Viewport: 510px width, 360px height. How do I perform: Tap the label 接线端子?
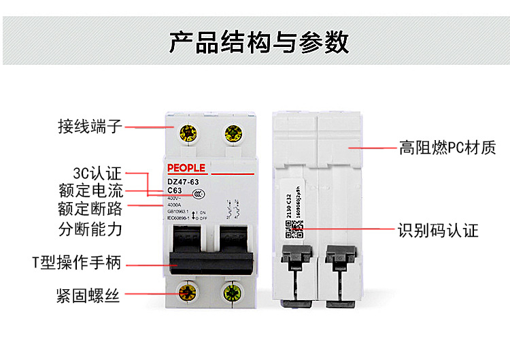pos(90,127)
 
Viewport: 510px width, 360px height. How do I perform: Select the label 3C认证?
pos(97,173)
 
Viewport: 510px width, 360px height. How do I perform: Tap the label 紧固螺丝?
pos(88,295)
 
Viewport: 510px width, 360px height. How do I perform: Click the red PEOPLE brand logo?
pos(186,168)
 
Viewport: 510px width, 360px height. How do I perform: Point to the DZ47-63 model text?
pos(183,182)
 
